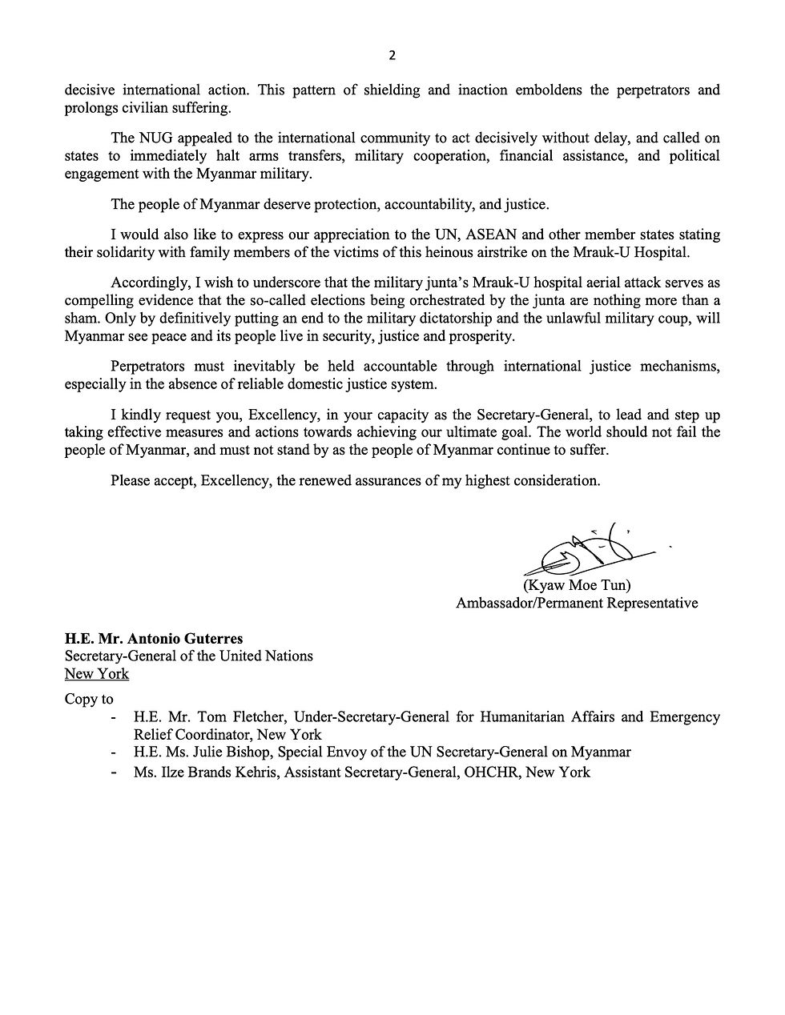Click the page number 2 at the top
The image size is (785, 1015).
point(392,55)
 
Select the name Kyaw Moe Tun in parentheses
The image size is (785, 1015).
point(577,585)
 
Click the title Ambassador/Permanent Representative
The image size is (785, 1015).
point(576,603)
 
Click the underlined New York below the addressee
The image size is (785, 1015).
point(97,673)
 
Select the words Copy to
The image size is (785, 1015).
point(89,699)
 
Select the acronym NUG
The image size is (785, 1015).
point(156,137)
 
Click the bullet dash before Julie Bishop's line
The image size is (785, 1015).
point(118,752)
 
